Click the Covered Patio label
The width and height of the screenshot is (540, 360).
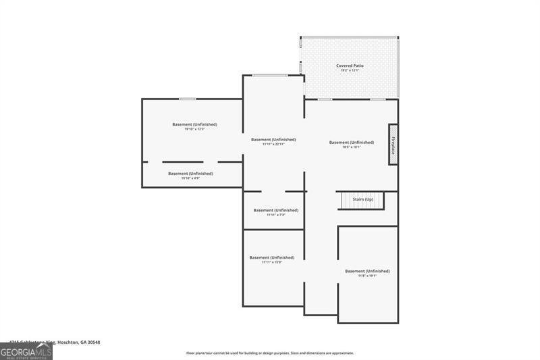click(x=350, y=66)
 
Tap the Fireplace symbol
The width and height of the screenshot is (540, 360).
click(x=393, y=144)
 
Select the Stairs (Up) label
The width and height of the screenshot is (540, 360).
click(x=363, y=199)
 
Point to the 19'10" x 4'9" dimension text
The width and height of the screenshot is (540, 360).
click(x=190, y=178)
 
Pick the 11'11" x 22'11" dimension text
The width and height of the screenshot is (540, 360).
click(x=273, y=144)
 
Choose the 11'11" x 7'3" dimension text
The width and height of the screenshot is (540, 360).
click(x=275, y=215)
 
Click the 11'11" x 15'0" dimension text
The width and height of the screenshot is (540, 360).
click(x=271, y=262)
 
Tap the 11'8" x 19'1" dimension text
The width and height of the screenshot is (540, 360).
click(x=367, y=276)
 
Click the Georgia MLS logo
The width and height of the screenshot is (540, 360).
click(x=26, y=352)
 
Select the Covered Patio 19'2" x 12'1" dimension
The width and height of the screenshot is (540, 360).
click(x=350, y=70)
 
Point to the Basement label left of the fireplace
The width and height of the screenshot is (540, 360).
click(x=351, y=142)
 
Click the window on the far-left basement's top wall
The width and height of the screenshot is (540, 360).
click(x=188, y=99)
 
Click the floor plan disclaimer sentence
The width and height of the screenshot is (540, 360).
click(x=270, y=353)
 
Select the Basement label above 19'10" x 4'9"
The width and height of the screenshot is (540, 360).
click(x=190, y=174)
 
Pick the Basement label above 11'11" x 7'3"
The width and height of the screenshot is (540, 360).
click(x=275, y=210)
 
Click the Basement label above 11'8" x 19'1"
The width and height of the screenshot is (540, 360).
click(x=367, y=271)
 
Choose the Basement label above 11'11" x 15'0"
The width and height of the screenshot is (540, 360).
click(x=271, y=257)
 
